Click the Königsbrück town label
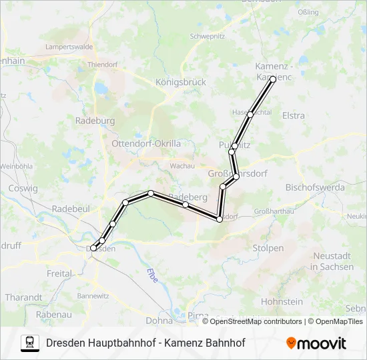(x=180, y=82)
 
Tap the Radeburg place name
(x=95, y=121)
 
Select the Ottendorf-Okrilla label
(x=146, y=143)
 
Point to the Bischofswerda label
(x=315, y=187)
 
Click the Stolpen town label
(x=268, y=248)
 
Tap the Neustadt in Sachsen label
(x=332, y=261)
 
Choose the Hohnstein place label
(x=282, y=301)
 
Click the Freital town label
(x=59, y=273)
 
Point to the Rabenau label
(x=53, y=314)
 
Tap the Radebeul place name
(x=71, y=209)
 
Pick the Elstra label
(x=294, y=115)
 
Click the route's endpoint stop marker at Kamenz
(x=273, y=79)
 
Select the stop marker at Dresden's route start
(x=93, y=248)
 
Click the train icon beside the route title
(x=30, y=343)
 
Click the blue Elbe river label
(x=153, y=275)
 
